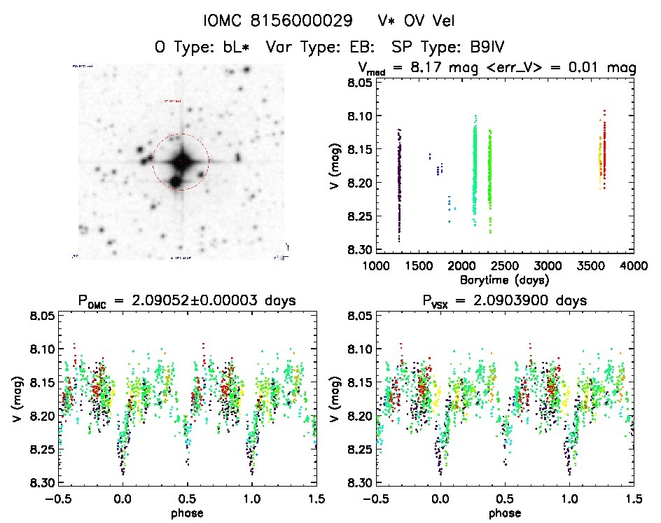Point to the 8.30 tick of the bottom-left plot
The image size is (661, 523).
(x=42, y=483)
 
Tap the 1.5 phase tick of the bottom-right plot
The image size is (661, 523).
(x=633, y=498)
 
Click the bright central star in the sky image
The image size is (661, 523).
(x=181, y=162)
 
